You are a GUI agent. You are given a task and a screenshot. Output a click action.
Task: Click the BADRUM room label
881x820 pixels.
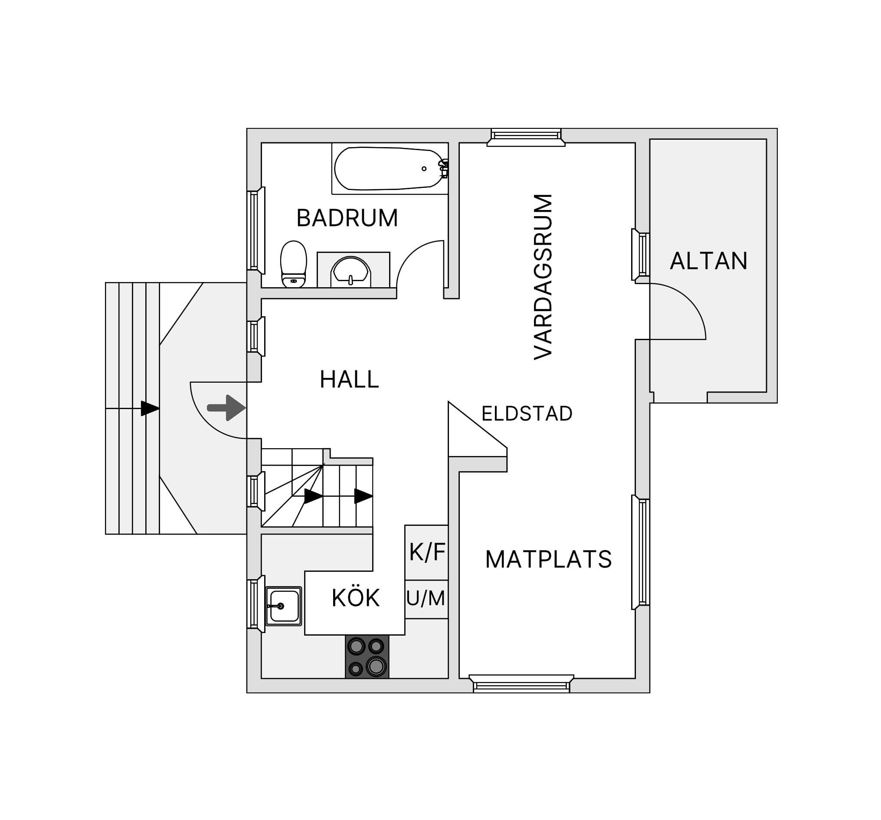[x=347, y=218]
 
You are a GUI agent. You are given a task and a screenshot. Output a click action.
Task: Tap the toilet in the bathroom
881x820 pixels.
[x=293, y=264]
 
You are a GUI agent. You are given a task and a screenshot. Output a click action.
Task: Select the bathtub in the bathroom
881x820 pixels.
[x=390, y=168]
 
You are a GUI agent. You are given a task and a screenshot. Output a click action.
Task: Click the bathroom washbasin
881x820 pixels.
[x=351, y=270]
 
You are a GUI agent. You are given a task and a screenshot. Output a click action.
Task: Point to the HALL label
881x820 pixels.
[x=349, y=380]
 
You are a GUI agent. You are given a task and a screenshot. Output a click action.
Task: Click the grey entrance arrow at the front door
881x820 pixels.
[x=226, y=407]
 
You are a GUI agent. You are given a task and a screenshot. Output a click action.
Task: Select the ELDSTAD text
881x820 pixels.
[x=527, y=413]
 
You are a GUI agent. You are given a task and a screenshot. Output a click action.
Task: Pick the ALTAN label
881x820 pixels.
[x=709, y=261]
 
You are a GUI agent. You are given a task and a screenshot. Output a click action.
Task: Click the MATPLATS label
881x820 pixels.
[x=549, y=559]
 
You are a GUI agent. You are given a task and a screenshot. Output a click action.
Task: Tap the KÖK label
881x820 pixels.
[x=355, y=598]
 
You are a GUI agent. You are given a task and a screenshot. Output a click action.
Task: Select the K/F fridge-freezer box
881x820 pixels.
[x=426, y=553]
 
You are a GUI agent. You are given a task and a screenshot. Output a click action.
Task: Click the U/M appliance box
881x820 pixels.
[x=426, y=599]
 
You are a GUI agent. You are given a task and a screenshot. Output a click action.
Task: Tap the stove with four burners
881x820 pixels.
[x=367, y=657]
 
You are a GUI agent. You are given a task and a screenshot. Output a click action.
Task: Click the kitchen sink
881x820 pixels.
[x=284, y=607]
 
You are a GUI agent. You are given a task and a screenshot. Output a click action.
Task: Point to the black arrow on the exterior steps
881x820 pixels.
[x=150, y=408]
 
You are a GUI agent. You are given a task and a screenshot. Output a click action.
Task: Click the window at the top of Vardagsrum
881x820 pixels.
[x=526, y=137]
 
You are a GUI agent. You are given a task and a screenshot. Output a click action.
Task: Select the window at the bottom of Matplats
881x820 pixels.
[x=521, y=683]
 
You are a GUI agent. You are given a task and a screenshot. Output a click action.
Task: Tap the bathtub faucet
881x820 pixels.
[x=443, y=168]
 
